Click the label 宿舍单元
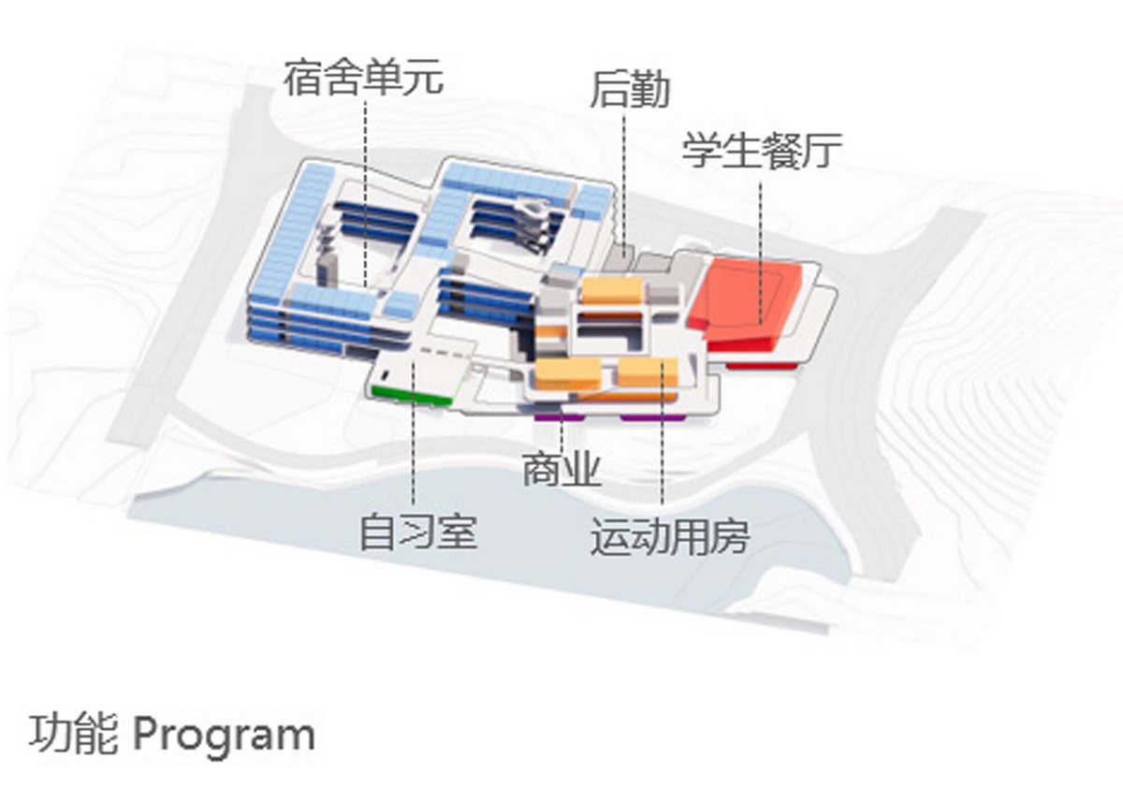click(363, 77)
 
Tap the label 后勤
click(630, 91)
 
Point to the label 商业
click(561, 472)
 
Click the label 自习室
click(418, 533)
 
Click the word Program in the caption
click(224, 735)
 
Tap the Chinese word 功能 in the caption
click(74, 735)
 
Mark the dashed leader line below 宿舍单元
click(365, 187)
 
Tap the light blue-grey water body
click(468, 533)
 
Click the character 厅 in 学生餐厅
click(823, 151)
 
